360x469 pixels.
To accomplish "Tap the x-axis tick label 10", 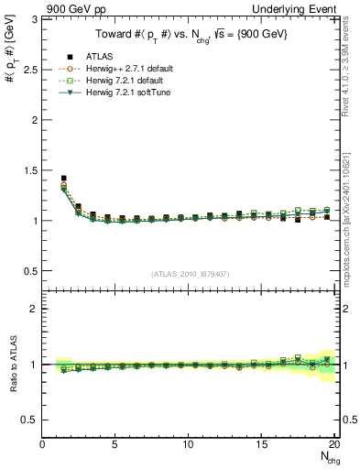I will point(188,444).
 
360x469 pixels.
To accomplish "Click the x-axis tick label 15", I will point(261,444).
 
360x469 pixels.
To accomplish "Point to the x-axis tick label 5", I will point(115,444).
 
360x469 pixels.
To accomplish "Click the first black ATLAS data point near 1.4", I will point(63,179).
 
